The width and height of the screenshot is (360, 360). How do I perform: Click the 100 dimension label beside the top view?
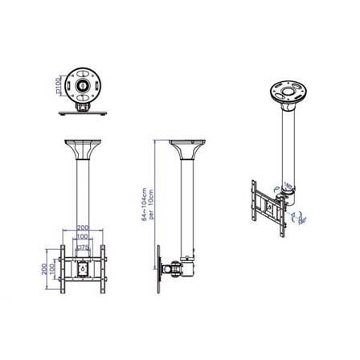click(x=58, y=83)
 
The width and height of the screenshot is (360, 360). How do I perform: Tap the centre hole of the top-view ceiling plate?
click(x=83, y=84)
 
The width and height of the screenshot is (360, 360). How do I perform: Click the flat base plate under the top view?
click(x=83, y=113)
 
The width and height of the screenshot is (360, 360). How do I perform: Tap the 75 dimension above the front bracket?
click(x=84, y=248)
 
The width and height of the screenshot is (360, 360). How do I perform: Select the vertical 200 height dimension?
click(x=53, y=265)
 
